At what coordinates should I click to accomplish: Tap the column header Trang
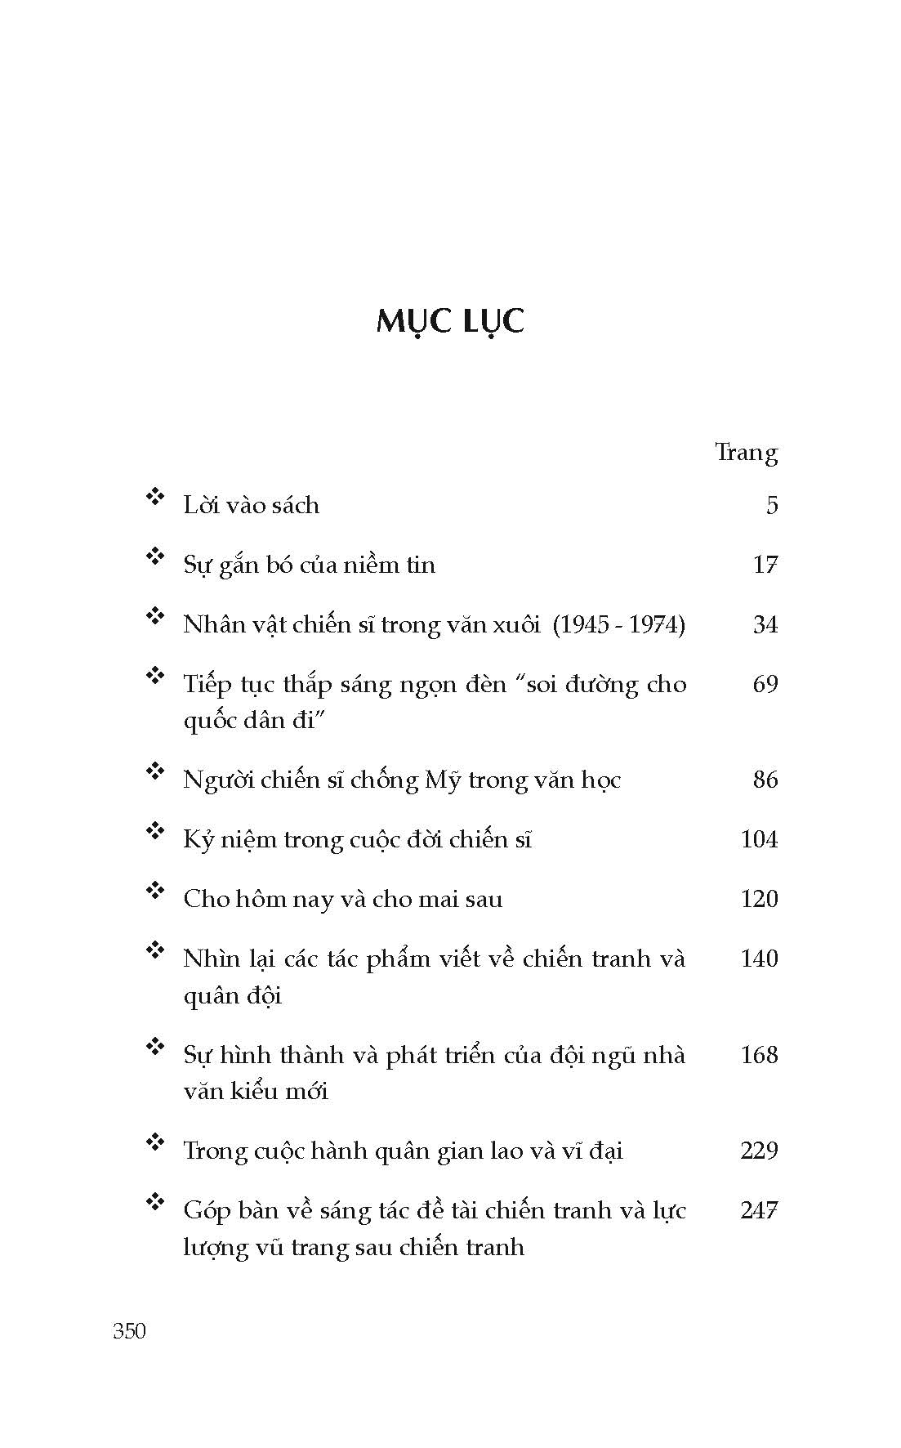pyautogui.click(x=746, y=452)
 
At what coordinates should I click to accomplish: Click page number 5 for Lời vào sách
pyautogui.click(x=772, y=506)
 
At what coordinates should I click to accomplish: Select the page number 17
pyautogui.click(x=765, y=565)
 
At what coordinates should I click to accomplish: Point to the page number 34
pyautogui.click(x=765, y=625)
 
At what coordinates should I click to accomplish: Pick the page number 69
pyautogui.click(x=765, y=684)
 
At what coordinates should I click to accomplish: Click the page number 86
pyautogui.click(x=765, y=780)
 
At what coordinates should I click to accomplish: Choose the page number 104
pyautogui.click(x=759, y=839)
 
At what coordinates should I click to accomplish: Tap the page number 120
pyautogui.click(x=759, y=899)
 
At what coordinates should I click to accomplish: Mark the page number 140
pyautogui.click(x=759, y=959)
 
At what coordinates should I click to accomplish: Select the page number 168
pyautogui.click(x=759, y=1055)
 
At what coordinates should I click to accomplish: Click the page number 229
pyautogui.click(x=759, y=1151)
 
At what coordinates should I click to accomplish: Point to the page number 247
pyautogui.click(x=759, y=1210)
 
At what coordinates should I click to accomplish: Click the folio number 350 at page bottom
pyautogui.click(x=129, y=1331)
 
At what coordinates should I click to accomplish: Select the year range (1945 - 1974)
pyautogui.click(x=619, y=625)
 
